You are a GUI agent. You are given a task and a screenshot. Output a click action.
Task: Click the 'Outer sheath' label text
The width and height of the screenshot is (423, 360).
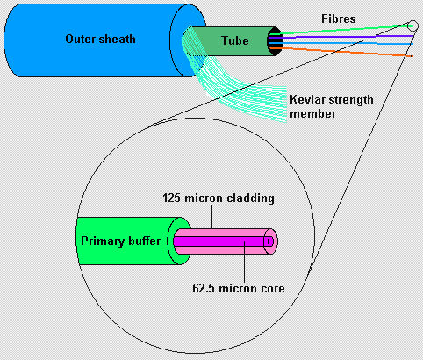pos(100,39)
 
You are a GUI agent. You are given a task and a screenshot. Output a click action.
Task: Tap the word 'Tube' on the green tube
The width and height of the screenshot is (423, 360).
pos(235,40)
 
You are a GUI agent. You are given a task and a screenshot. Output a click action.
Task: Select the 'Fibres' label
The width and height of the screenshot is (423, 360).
pos(339,19)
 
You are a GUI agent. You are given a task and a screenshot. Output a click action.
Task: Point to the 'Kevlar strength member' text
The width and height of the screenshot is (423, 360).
pos(332,106)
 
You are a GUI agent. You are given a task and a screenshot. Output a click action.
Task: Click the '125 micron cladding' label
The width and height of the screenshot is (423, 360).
pos(219,198)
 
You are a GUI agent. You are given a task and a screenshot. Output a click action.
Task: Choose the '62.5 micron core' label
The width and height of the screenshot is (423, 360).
pos(239,288)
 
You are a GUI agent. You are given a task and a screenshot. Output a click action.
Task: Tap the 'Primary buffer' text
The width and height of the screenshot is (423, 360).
pos(120,241)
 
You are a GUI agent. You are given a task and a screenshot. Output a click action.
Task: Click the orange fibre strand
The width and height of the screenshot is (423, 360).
pos(341,52)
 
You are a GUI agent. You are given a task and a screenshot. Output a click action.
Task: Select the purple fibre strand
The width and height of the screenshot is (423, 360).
pos(341,37)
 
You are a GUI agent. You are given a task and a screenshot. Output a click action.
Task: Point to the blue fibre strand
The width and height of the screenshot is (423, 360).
pos(341,43)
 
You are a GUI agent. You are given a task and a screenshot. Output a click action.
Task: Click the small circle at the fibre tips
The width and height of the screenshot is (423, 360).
pos(412,25)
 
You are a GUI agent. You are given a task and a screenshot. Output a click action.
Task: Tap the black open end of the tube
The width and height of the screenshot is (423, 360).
pos(275,41)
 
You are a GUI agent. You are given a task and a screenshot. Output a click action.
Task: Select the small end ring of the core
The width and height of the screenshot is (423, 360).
pos(270,241)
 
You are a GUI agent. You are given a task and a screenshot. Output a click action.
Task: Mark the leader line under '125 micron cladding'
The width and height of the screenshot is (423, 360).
pos(212,217)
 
